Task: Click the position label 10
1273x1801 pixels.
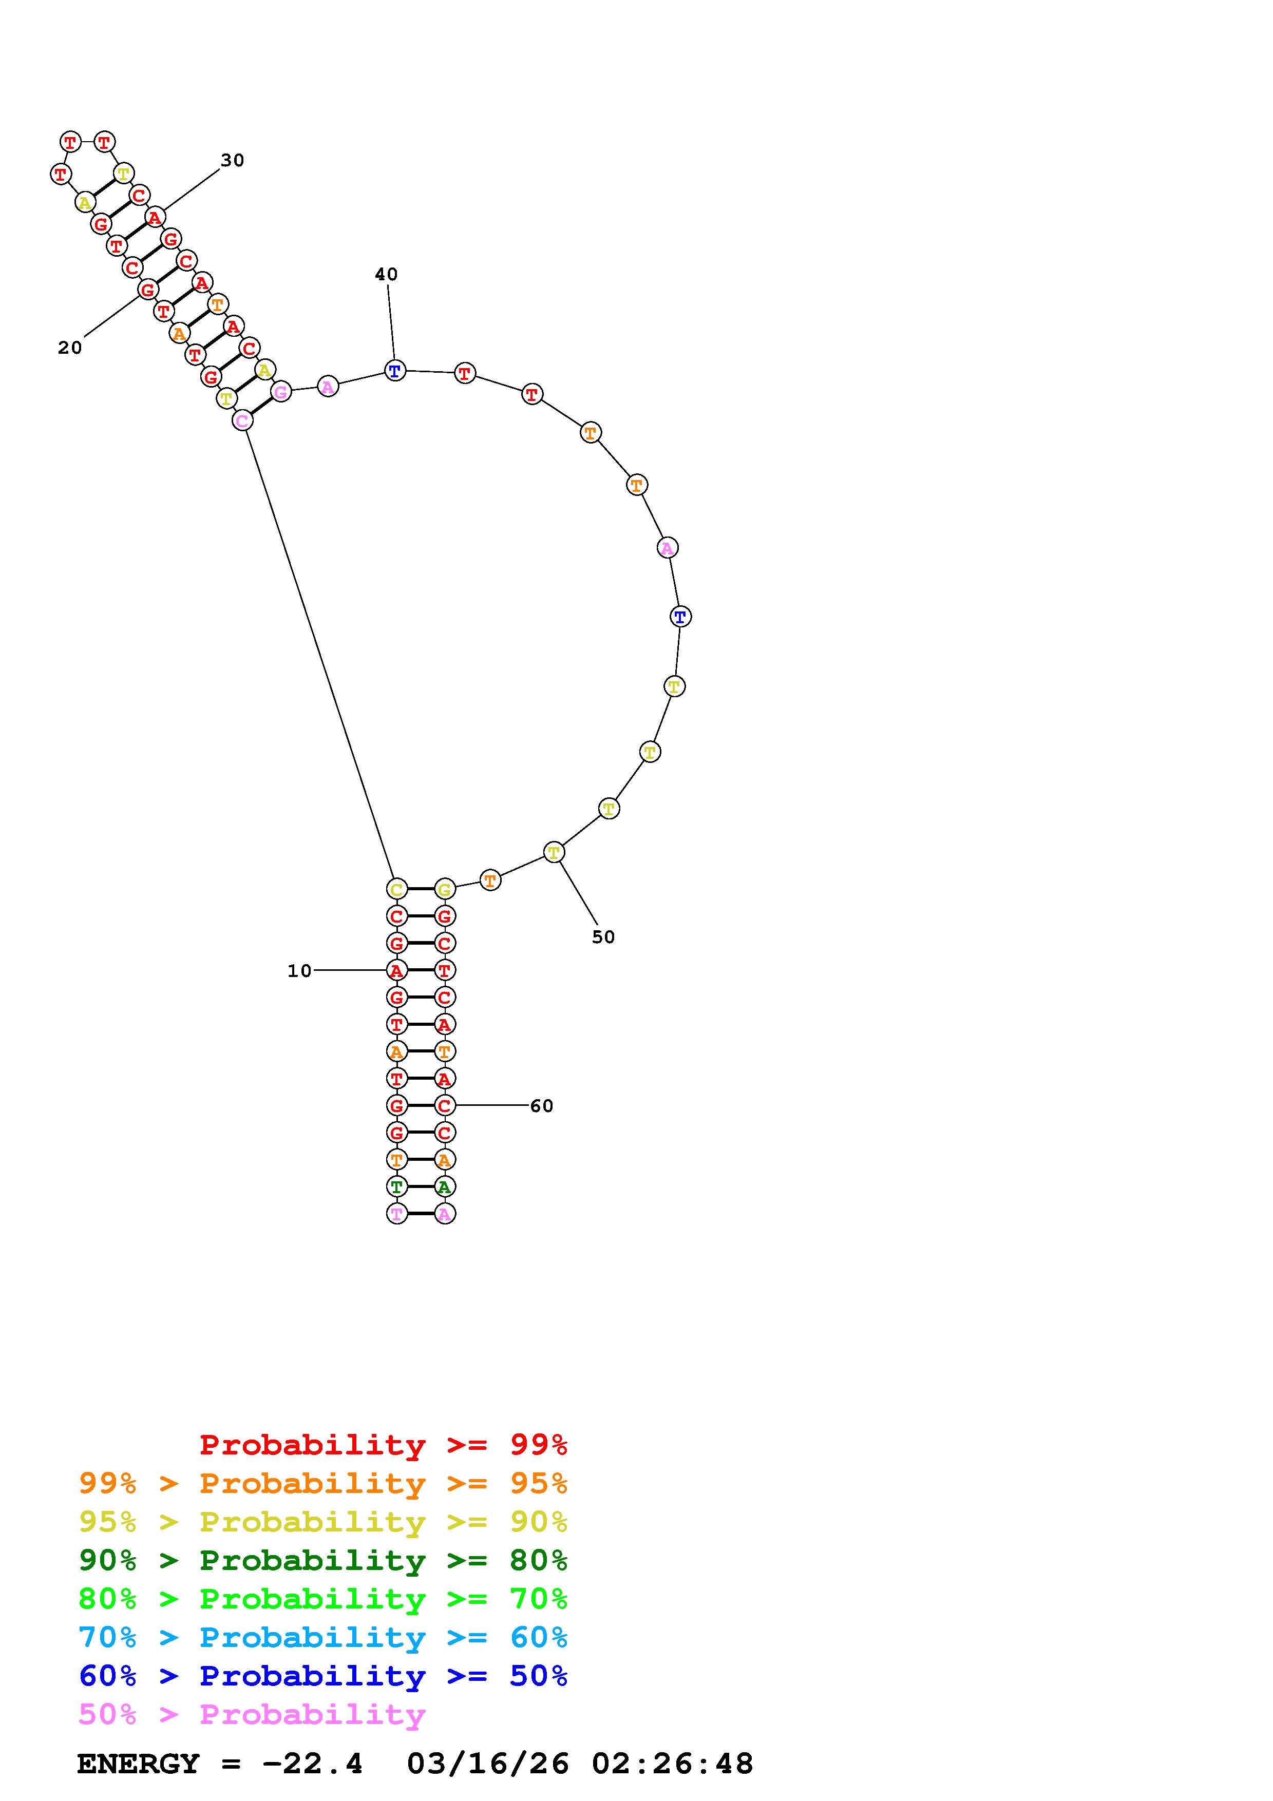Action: [299, 971]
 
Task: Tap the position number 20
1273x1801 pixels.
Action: [70, 348]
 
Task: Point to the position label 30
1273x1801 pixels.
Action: [232, 160]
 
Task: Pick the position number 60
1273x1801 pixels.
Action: [542, 1106]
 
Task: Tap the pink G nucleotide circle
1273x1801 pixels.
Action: [281, 391]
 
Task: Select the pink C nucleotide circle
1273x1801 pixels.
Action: [243, 420]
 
